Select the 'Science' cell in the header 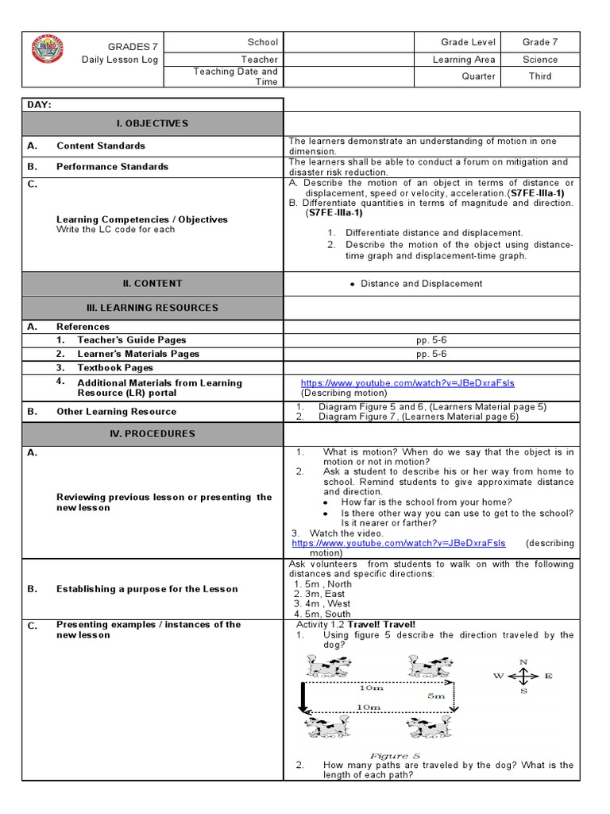pos(540,60)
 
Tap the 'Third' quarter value pos(540,76)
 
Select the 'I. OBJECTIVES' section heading pos(152,123)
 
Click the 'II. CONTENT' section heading pos(152,283)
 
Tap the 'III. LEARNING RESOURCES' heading pos(152,308)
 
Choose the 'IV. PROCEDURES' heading pos(152,434)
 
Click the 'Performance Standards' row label pos(112,167)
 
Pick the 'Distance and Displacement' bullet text pos(421,283)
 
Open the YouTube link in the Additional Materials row pos(407,382)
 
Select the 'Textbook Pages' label pos(115,368)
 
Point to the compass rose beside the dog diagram pos(523,676)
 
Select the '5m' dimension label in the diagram pos(435,695)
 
